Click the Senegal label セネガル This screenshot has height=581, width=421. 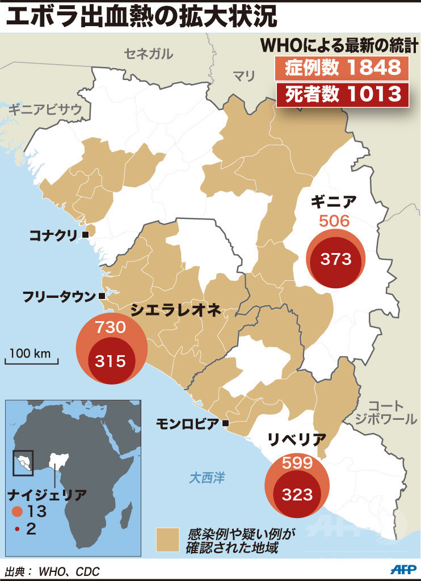(x=149, y=54)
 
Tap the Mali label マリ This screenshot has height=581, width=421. (x=245, y=75)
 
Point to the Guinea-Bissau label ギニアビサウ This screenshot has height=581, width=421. (x=45, y=110)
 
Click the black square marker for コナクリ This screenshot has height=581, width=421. (x=85, y=234)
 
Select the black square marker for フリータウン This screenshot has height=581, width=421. (x=102, y=296)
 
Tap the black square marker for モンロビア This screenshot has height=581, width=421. (x=226, y=423)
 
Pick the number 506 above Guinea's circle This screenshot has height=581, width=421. (x=334, y=221)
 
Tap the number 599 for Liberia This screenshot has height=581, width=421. (x=298, y=462)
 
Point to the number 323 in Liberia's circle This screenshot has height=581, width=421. (x=298, y=494)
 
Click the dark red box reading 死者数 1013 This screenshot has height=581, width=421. (x=342, y=94)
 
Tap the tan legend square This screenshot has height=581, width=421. (x=167, y=540)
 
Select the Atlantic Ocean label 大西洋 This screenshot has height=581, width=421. (x=207, y=478)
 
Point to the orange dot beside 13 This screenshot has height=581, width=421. (x=18, y=511)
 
